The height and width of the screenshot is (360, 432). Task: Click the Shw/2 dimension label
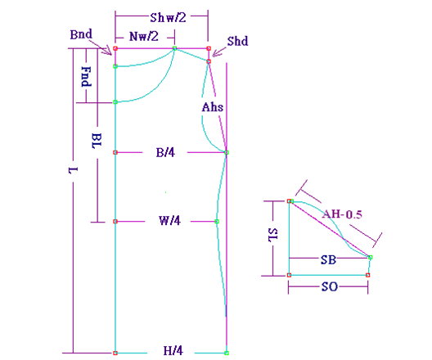168,18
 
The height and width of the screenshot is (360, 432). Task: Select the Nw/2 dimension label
144,36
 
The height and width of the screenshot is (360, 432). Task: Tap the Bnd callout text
81,34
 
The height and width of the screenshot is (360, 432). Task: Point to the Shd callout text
237,41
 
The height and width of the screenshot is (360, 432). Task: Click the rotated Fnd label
86,77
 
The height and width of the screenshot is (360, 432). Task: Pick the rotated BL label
97,141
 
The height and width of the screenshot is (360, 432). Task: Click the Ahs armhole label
213,107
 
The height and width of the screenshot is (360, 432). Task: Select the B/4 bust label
165,152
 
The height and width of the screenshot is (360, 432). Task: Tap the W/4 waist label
169,221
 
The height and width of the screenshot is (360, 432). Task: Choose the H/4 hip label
173,351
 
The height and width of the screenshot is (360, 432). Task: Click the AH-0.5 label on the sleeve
342,214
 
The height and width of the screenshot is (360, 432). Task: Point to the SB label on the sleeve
328,259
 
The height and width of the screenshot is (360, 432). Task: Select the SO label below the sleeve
330,287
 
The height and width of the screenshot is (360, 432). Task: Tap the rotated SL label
273,235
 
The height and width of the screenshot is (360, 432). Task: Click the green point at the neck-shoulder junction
174,48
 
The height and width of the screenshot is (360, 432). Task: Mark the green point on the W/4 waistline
217,222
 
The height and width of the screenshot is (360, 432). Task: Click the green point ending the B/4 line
227,152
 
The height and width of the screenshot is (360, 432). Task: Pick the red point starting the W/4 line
115,222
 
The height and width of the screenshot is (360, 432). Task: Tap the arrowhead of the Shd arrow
214,56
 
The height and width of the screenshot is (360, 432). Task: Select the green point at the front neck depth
115,102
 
